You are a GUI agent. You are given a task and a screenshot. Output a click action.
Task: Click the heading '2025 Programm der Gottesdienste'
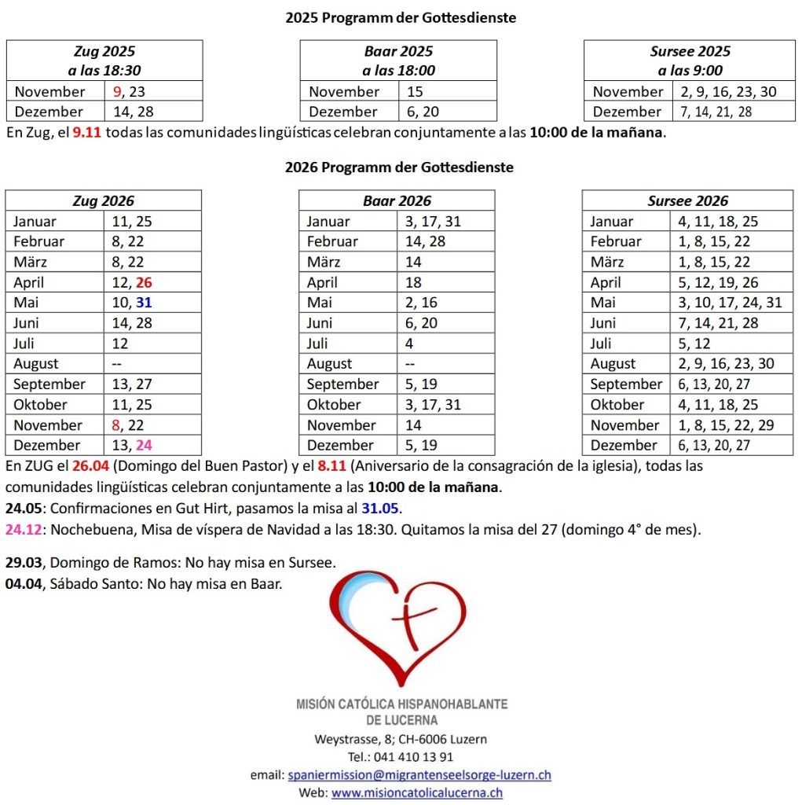tap(401, 17)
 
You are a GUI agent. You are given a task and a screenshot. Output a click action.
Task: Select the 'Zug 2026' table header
tap(104, 200)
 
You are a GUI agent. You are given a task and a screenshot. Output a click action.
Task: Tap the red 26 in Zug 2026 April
tap(144, 282)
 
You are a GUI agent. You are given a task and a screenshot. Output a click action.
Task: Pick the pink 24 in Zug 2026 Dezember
tap(144, 445)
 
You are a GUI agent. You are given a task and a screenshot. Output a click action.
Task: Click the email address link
tap(419, 775)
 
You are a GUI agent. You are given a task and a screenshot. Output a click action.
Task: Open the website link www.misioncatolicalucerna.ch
tap(417, 793)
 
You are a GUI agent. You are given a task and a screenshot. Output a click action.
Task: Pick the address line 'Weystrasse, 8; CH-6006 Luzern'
tap(401, 739)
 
